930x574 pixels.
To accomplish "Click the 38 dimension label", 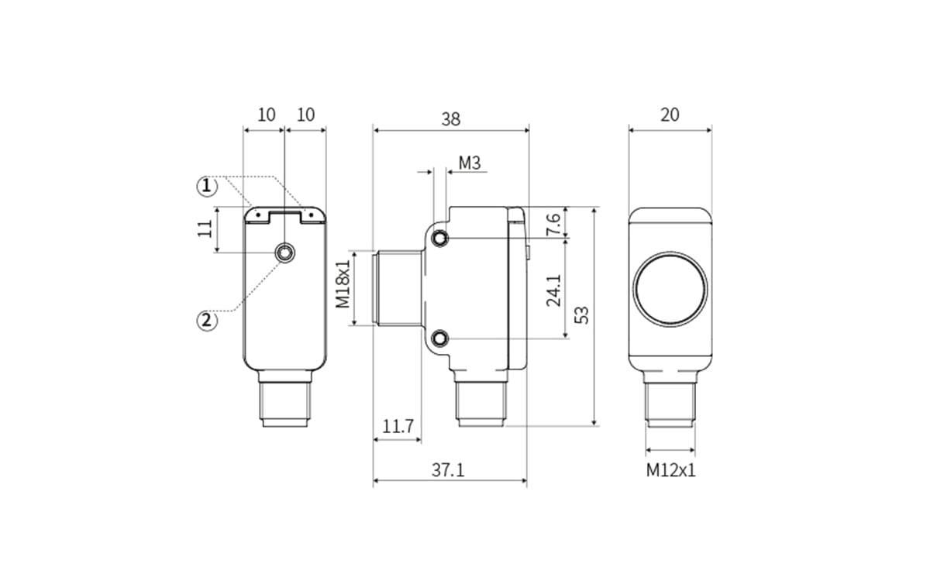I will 450,119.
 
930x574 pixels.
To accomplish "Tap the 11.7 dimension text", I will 398,427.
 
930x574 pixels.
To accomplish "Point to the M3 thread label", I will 470,163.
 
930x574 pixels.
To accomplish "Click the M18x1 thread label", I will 343,284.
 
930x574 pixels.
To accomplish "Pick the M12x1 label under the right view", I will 671,469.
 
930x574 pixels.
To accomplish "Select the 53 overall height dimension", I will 581,314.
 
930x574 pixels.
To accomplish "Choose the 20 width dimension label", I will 670,115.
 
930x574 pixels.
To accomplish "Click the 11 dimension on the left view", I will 205,229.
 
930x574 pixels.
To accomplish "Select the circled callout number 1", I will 205,186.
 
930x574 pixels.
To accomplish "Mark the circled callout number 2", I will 206,319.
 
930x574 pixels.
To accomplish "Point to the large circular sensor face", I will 670,289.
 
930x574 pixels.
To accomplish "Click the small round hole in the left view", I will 285,253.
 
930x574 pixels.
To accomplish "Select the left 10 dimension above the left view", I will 266,115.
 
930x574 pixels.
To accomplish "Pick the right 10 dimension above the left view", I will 306,115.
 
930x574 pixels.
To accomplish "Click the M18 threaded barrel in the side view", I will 398,288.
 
